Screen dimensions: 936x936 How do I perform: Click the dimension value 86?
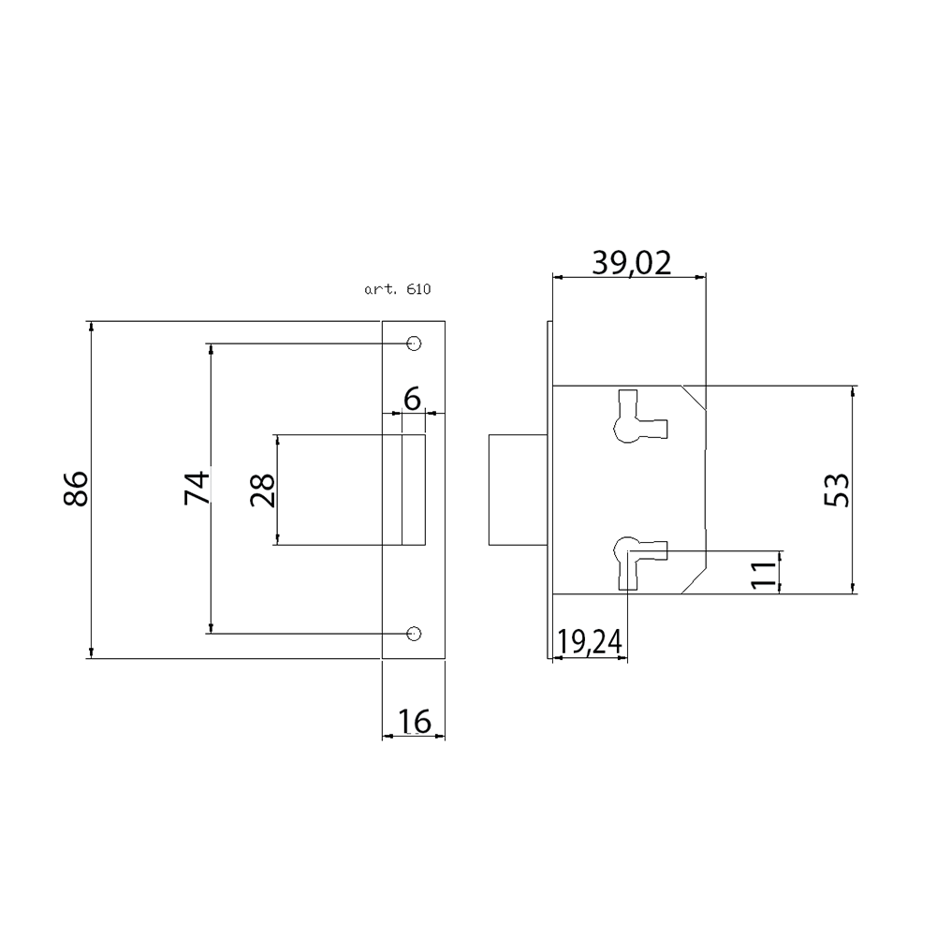[76, 489]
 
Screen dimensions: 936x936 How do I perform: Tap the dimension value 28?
[263, 490]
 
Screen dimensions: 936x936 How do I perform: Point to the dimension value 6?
[413, 399]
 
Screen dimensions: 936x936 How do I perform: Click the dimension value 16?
[414, 721]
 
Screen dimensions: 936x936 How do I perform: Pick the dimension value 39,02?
[632, 263]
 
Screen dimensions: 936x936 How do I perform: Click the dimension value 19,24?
[590, 642]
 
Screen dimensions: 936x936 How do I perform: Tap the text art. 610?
[398, 289]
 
